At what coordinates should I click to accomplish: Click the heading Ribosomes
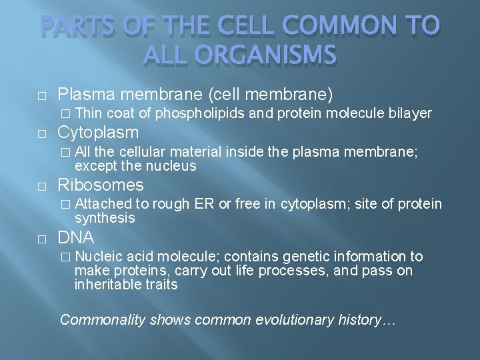coord(100,185)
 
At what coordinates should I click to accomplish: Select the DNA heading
coord(76,237)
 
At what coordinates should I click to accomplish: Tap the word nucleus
coord(175,165)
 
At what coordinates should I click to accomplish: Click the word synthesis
coord(105,218)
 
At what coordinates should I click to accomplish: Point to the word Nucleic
coord(98,257)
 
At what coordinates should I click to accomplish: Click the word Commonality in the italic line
coord(103,319)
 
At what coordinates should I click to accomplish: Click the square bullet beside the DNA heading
coord(41,238)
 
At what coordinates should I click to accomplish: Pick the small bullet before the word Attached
coord(65,204)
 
